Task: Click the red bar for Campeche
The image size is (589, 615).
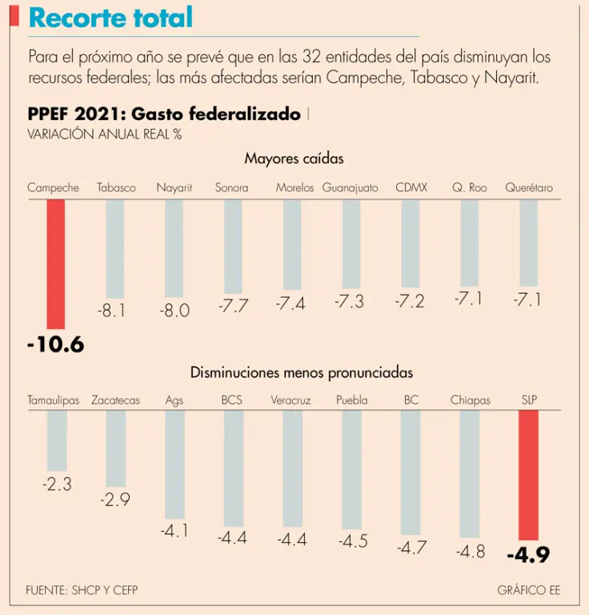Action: click(55, 263)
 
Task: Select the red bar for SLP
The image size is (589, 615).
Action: click(528, 475)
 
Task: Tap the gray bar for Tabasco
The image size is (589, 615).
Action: click(115, 249)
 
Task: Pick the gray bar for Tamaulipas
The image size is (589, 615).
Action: click(57, 440)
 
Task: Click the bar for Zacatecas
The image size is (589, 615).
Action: click(116, 448)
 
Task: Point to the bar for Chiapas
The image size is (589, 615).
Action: click(470, 473)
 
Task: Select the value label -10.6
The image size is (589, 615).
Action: click(55, 345)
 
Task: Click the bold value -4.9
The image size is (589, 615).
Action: click(528, 555)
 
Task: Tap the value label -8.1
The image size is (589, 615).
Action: click(112, 311)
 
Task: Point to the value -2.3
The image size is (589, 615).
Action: click(57, 484)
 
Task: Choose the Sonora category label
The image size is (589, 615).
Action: click(231, 188)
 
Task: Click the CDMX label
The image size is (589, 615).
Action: click(411, 188)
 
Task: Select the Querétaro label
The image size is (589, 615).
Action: click(529, 188)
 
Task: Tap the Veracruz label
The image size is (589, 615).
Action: click(290, 400)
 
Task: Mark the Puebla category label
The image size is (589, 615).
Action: click(352, 400)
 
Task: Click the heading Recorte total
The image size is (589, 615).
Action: click(110, 18)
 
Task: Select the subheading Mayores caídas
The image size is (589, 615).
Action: click(294, 159)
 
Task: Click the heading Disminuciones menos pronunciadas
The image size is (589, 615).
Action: click(302, 372)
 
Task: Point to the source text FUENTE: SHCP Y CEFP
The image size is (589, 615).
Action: click(76, 591)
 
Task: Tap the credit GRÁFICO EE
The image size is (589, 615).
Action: click(528, 591)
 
